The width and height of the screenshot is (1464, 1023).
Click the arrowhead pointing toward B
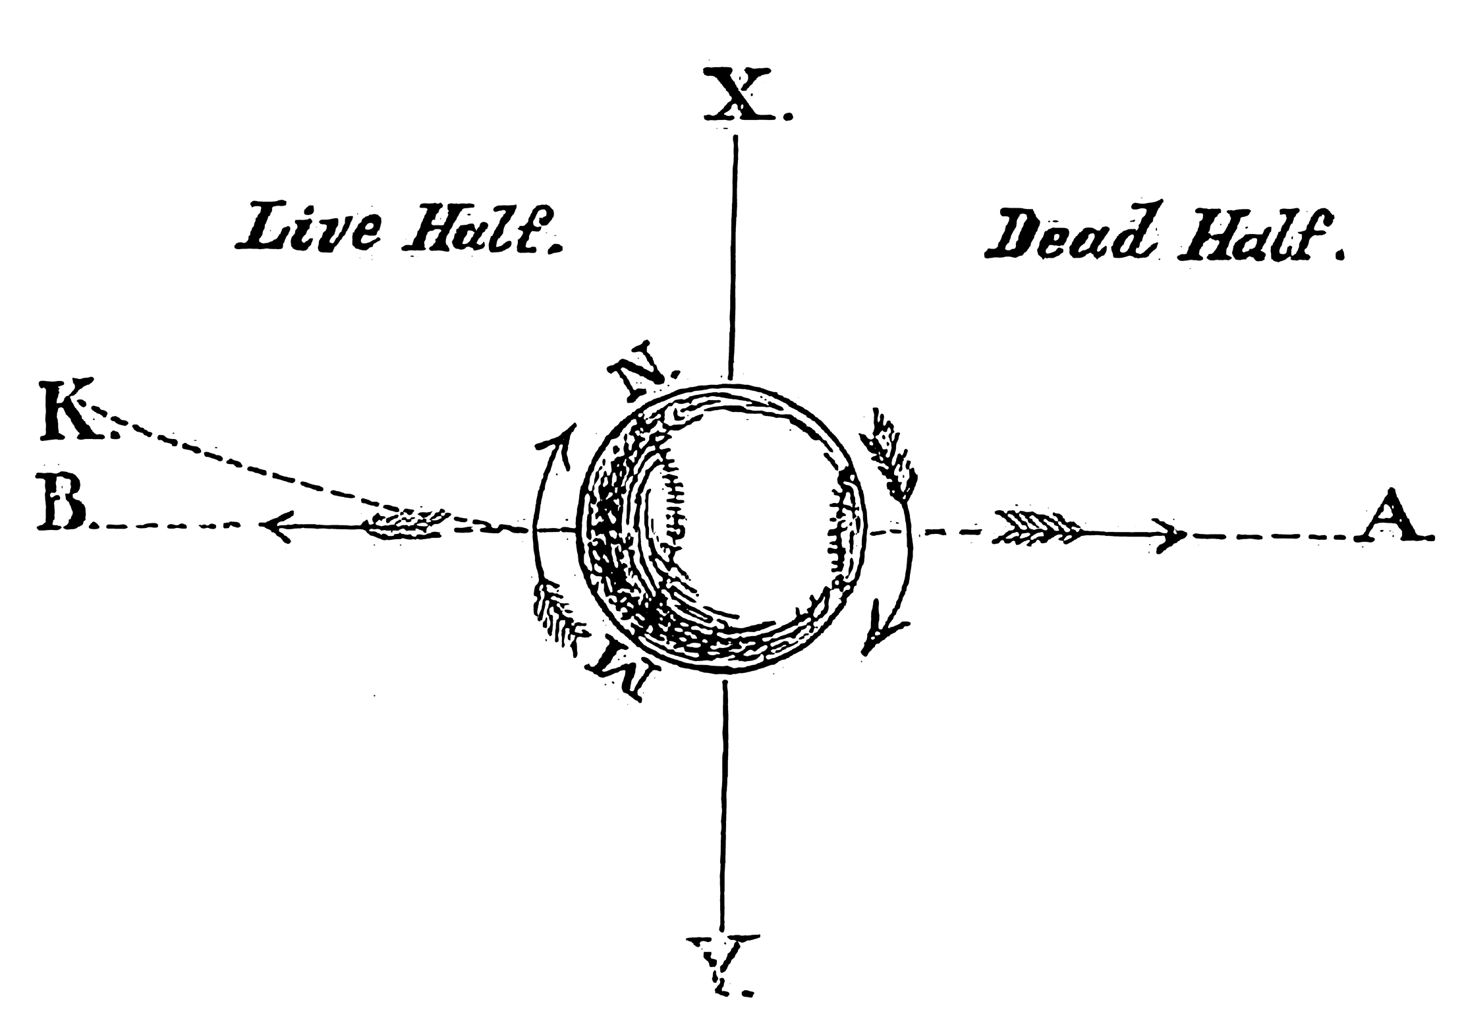(275, 525)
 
